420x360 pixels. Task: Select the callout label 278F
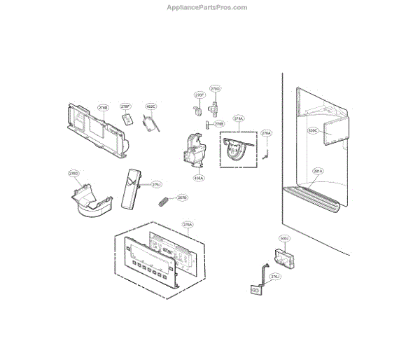126,107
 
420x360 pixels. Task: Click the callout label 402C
151,107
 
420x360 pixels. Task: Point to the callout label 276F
199,94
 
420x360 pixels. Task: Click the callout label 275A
238,119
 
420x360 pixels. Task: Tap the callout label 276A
266,133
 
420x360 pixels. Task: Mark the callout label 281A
318,171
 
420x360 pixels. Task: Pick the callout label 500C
313,130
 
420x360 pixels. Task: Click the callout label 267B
182,198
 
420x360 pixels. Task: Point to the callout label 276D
73,173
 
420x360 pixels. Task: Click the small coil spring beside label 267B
164,202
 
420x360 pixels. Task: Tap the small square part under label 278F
127,120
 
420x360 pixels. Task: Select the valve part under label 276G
215,109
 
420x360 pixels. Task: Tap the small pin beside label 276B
209,125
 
